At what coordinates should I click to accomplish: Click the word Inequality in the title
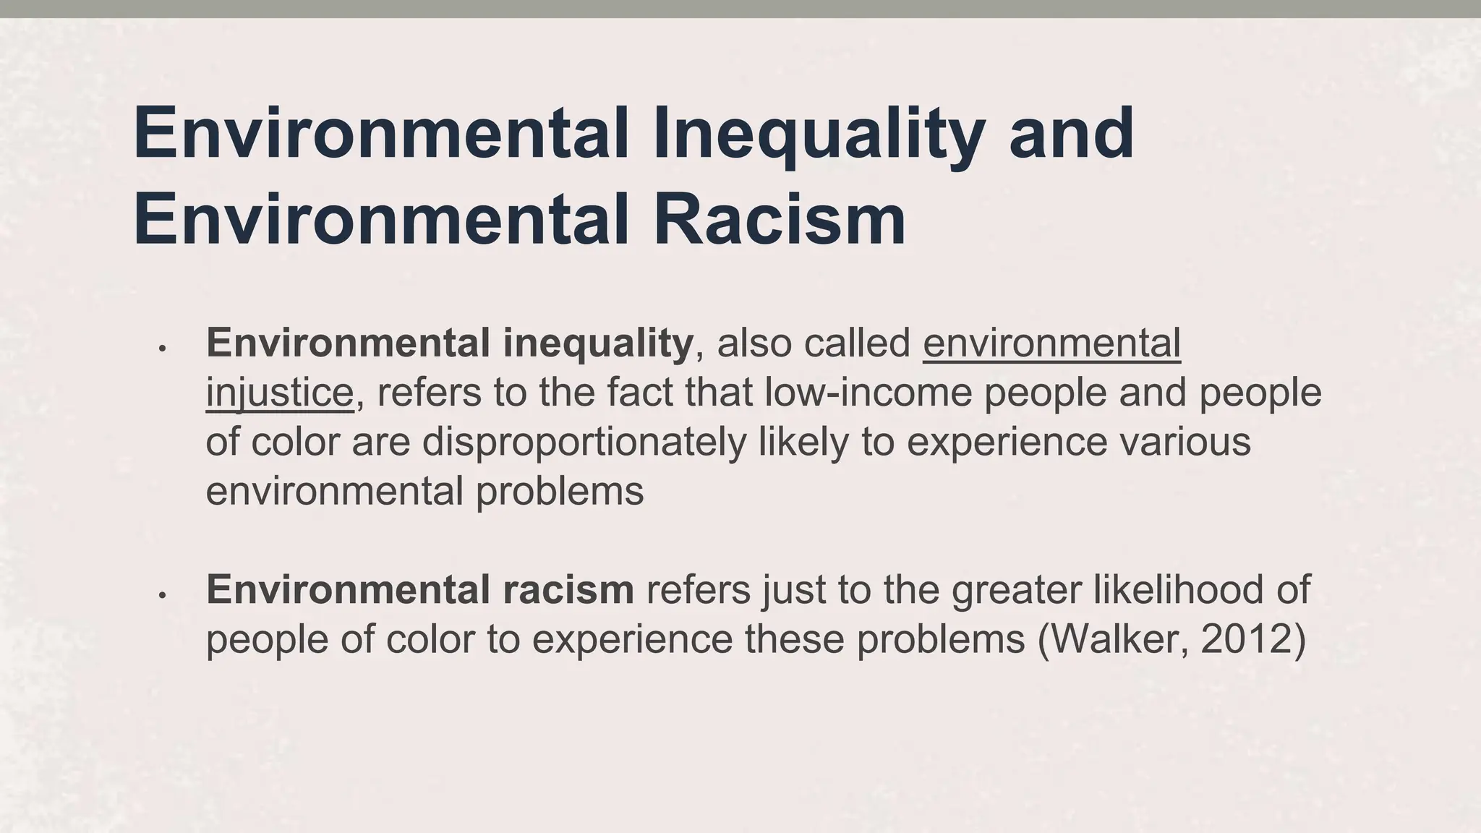(818, 134)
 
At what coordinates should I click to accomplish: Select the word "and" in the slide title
(1071, 134)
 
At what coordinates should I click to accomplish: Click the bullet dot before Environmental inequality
(163, 349)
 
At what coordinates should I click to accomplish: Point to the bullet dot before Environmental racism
(163, 596)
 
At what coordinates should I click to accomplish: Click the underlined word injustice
(279, 393)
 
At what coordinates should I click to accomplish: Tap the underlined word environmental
(1051, 343)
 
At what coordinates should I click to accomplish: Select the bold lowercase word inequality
(597, 343)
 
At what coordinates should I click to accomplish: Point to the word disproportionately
(584, 442)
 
